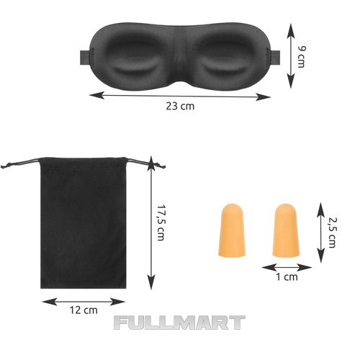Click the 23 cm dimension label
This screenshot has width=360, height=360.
click(x=180, y=106)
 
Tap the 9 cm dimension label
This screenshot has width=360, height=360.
click(x=302, y=57)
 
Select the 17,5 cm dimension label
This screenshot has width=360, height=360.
click(x=161, y=222)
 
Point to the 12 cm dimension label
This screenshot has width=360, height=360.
click(x=84, y=310)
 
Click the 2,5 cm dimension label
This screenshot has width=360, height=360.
click(x=333, y=233)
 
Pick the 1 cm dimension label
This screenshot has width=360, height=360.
click(x=287, y=277)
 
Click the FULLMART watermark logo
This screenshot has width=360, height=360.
click(x=179, y=323)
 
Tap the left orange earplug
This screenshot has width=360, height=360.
click(x=232, y=230)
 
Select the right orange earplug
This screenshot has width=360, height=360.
click(x=286, y=230)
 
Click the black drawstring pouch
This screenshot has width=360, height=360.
click(x=83, y=222)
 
